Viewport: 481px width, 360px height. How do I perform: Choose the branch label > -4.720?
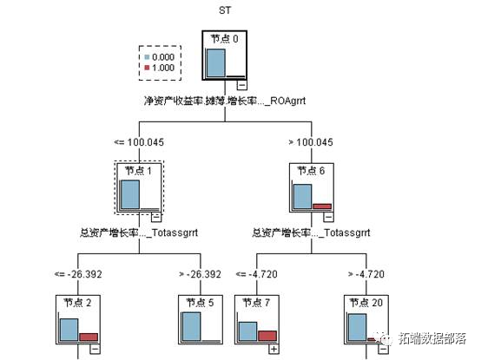(x=366, y=274)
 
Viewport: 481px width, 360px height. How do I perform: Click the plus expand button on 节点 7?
(x=273, y=348)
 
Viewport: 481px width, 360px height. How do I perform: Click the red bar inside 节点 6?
(x=322, y=206)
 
